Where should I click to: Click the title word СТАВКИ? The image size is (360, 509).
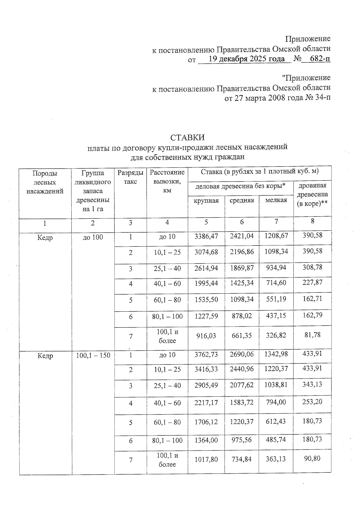[x=187, y=138]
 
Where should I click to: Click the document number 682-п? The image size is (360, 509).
[x=320, y=59]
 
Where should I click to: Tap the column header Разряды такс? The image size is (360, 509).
[x=130, y=177]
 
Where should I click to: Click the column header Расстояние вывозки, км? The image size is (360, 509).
[x=167, y=181]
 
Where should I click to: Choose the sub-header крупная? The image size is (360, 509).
[x=206, y=201]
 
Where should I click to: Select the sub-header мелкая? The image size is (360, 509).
[x=276, y=200]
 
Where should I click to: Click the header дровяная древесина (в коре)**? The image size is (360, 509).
[x=312, y=194]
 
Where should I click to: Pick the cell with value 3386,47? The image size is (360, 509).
[x=206, y=236]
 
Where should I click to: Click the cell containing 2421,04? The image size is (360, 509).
[x=241, y=236]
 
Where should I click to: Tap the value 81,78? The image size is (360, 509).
[x=312, y=335]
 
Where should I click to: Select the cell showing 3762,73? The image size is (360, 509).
[x=206, y=355]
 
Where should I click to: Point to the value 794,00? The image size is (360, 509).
[x=276, y=402]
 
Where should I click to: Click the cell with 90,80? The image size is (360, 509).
[x=312, y=458]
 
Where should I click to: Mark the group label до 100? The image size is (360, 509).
[x=93, y=237]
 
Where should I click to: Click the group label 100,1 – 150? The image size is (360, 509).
[x=93, y=355]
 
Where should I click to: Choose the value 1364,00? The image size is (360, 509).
[x=206, y=440]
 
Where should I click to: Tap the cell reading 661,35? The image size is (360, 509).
[x=241, y=335]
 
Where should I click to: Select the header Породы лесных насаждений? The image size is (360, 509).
[x=45, y=182]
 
